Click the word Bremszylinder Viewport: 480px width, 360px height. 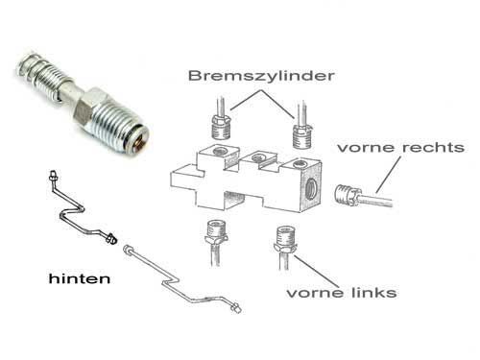click(x=261, y=76)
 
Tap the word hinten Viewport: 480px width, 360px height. click(x=80, y=278)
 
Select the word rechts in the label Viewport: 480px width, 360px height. click(x=433, y=148)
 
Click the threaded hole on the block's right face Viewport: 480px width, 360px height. click(x=310, y=188)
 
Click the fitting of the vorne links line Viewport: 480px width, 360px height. click(x=285, y=239)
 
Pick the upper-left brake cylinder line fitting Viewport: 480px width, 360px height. click(x=221, y=127)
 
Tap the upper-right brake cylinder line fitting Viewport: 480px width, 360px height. click(x=301, y=137)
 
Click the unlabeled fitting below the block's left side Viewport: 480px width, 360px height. click(x=216, y=233)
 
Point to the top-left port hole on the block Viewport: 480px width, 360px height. click(x=221, y=151)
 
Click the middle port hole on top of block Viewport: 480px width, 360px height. click(x=258, y=157)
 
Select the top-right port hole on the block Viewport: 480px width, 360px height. click(x=300, y=164)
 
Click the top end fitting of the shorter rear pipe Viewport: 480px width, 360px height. click(x=53, y=176)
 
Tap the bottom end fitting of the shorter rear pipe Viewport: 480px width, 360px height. click(x=111, y=238)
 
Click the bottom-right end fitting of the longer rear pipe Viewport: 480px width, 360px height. click(x=236, y=307)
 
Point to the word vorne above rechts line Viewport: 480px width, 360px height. click(x=367, y=148)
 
